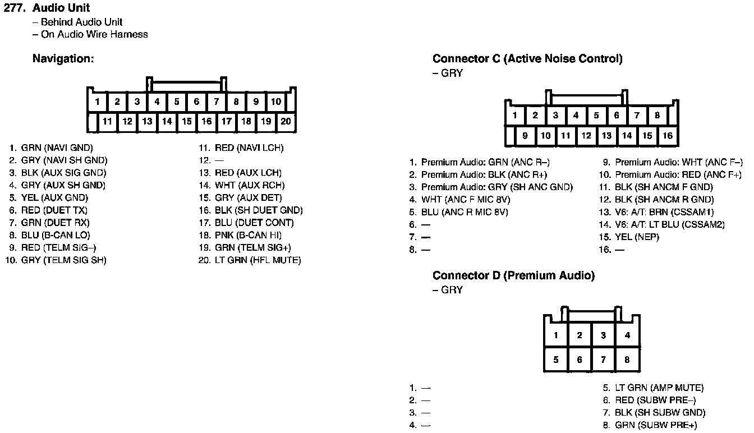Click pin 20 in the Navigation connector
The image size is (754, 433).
click(x=286, y=121)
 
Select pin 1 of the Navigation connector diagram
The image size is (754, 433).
click(x=98, y=102)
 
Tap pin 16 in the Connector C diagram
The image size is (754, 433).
click(x=668, y=135)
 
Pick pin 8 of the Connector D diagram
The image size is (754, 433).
click(x=627, y=360)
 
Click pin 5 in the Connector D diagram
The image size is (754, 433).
click(x=556, y=360)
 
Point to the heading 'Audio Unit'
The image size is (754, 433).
click(x=61, y=8)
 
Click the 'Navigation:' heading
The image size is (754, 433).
click(x=63, y=58)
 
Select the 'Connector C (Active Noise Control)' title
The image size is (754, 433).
click(x=527, y=59)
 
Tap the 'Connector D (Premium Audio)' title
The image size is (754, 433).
click(x=513, y=275)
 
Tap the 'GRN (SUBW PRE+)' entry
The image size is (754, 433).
click(x=655, y=425)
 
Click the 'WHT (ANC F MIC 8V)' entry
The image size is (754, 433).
click(x=466, y=200)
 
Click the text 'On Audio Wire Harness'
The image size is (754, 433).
click(x=94, y=34)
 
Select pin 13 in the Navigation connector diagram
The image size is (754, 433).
click(x=147, y=121)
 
